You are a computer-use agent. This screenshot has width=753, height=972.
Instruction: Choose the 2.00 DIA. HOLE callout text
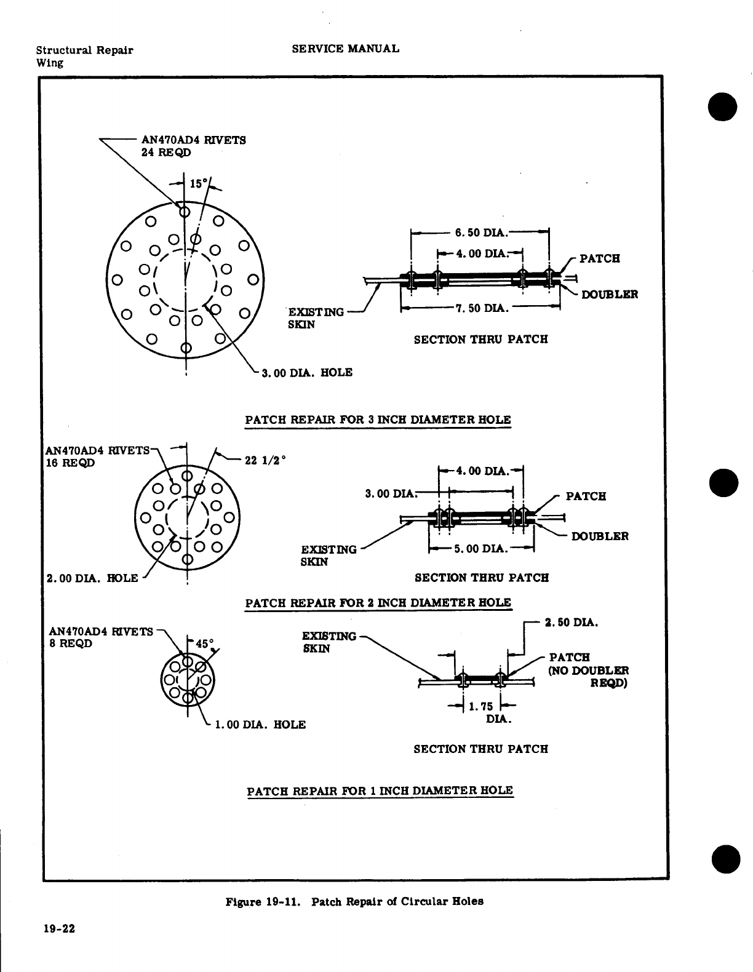(92, 578)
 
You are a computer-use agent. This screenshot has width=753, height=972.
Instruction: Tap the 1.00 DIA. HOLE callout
(260, 725)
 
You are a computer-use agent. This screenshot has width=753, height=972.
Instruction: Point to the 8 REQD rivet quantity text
(70, 643)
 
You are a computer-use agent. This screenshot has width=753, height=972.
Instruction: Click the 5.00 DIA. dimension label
(480, 548)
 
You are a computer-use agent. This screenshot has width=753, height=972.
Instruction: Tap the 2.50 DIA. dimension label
(572, 623)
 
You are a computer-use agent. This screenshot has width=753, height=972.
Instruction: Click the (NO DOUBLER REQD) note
(588, 676)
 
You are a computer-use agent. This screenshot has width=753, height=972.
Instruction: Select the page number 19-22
(58, 929)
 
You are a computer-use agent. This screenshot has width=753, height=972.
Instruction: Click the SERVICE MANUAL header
(345, 49)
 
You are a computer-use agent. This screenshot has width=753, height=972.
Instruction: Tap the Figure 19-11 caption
(354, 902)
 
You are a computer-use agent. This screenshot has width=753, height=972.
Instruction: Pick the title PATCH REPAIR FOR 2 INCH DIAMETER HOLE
(378, 602)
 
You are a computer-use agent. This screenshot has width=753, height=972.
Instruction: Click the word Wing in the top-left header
(49, 63)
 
